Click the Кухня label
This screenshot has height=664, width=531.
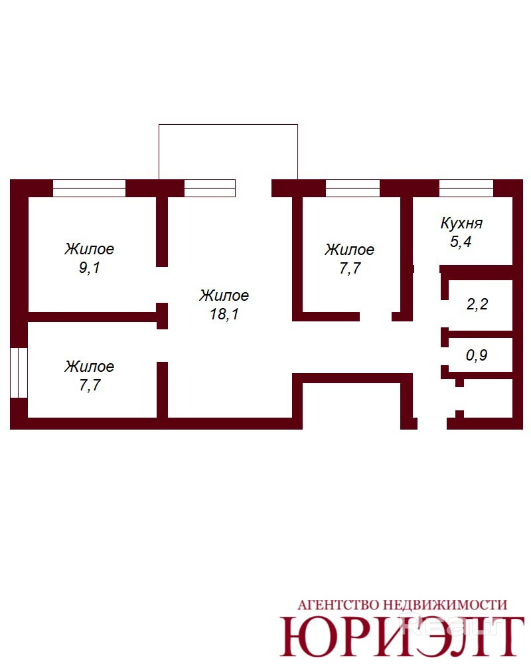point(461,223)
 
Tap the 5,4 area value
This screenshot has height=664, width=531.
point(461,242)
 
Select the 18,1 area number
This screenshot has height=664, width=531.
point(224,314)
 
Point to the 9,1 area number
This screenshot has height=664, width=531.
point(90,268)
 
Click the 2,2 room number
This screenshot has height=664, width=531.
point(477,304)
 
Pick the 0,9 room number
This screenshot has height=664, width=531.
point(477,355)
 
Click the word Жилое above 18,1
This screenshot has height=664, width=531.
point(224,295)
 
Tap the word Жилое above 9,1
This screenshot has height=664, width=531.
point(90,248)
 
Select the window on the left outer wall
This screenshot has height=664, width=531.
point(19,373)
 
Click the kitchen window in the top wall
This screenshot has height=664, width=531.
point(466,188)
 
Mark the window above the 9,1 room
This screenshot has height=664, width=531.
point(90,188)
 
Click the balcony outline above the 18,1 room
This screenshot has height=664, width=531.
point(228,125)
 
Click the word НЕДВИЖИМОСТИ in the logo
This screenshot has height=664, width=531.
point(445,605)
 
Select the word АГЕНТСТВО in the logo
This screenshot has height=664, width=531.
point(338,605)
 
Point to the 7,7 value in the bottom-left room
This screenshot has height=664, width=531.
point(90,385)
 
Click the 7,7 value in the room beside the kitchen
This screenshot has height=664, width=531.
point(350,268)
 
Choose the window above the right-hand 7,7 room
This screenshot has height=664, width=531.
point(352,188)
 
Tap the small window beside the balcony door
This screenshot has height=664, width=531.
point(210,188)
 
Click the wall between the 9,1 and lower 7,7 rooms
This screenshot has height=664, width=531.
point(92,317)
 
